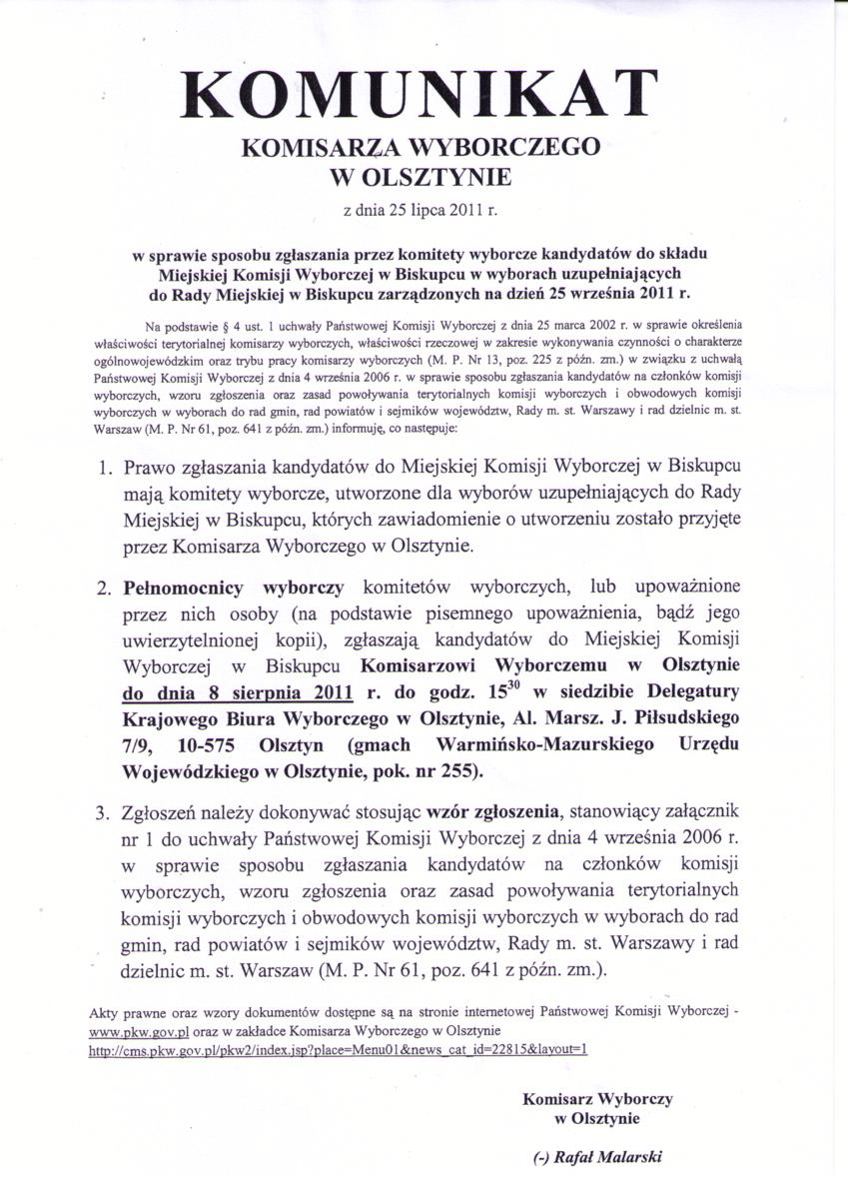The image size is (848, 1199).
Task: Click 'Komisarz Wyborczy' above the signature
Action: [x=597, y=1099]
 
